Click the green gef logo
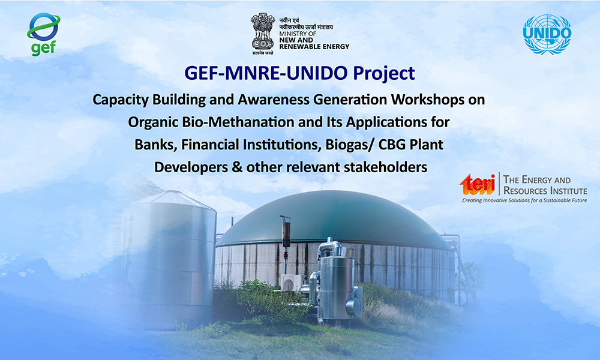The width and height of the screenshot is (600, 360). (43, 34)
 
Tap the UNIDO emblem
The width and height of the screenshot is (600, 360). (547, 34)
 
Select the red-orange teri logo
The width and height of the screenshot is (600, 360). (478, 184)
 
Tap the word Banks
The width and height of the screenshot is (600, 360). (155, 145)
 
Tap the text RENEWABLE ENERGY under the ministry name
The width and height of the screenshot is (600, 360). (314, 47)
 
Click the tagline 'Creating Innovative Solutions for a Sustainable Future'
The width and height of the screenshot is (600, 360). (524, 200)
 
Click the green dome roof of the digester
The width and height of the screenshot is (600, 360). (334, 217)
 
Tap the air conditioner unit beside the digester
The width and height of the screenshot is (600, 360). (291, 283)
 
